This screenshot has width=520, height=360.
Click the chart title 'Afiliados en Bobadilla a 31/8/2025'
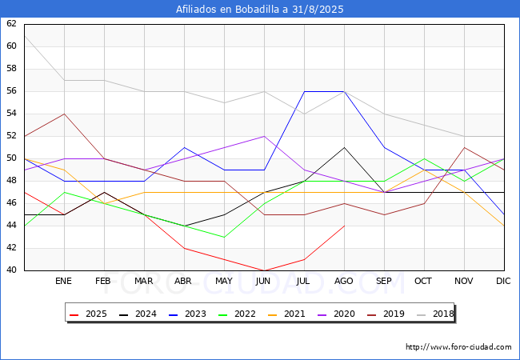pos(260,10)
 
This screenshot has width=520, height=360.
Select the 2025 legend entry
pos(89,314)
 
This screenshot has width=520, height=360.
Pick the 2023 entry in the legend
pos(188,314)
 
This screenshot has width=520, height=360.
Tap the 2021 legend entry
pos(287,314)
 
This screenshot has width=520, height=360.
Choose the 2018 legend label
pos(443,314)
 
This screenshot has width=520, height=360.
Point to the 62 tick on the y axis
pos(11,23)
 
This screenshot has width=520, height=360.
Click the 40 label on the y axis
pos(11,270)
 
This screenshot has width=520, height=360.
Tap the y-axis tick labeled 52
pos(11,135)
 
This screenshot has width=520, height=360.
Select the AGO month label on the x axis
pos(343,281)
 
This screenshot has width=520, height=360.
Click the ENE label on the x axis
pos(63,281)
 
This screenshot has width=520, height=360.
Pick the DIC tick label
pos(503,281)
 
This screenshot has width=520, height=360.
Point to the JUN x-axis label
pos(263,281)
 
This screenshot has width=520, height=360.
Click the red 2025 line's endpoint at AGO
pos(345,226)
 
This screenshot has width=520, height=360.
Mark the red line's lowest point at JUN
pos(264,270)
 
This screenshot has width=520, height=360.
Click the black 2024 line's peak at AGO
pos(345,147)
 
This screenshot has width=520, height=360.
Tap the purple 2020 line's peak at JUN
pos(264,136)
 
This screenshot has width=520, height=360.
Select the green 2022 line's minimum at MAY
pos(225,237)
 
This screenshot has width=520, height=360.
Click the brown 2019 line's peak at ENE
pos(64,114)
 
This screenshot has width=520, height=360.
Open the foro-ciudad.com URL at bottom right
pos(458,347)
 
